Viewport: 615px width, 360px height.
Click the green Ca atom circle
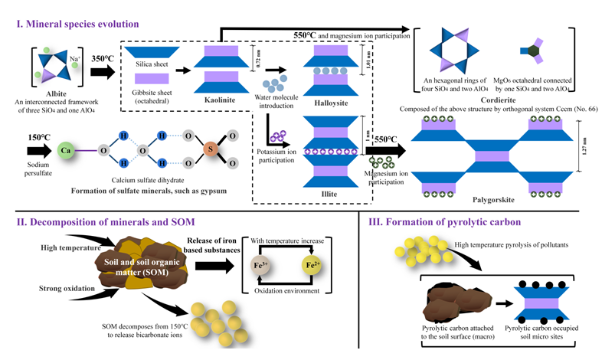[x=67, y=150]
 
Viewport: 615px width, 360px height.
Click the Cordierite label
[x=502, y=100]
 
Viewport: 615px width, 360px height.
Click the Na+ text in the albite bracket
[x=74, y=58]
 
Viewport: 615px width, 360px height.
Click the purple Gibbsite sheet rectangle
[x=151, y=79]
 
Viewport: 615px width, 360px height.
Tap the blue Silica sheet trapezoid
[x=151, y=52]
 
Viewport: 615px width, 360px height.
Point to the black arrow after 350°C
[x=101, y=72]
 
